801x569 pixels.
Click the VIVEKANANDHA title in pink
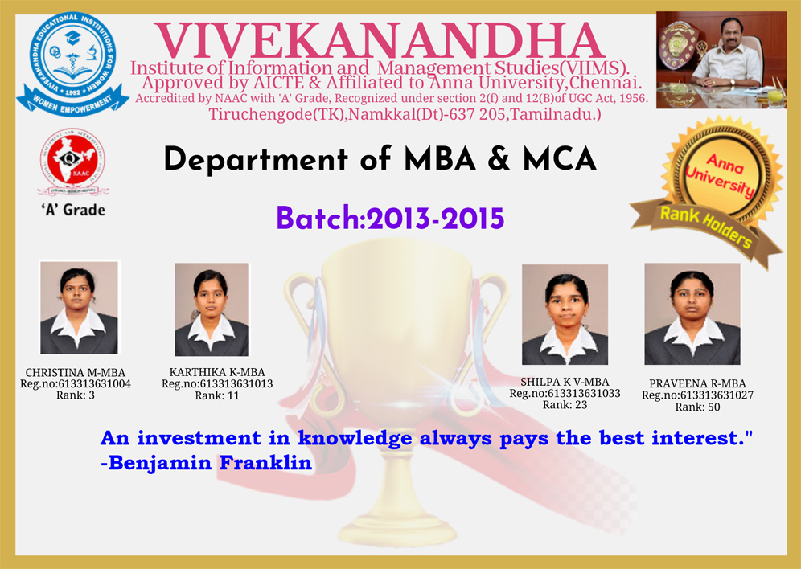tap(380, 41)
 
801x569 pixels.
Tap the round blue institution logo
tap(73, 63)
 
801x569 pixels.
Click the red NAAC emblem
tap(73, 162)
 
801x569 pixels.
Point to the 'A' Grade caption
tap(73, 210)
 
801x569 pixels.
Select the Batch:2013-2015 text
tap(390, 219)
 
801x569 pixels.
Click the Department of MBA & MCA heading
tap(380, 159)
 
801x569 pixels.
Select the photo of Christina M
tap(79, 308)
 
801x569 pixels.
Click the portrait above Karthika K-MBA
tap(212, 309)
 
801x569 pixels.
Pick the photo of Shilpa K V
tap(565, 314)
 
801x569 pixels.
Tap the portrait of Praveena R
tap(692, 314)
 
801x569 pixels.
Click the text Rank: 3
tap(76, 395)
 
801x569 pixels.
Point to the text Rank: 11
tap(217, 396)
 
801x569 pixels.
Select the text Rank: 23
tap(565, 405)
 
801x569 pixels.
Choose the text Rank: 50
tap(698, 407)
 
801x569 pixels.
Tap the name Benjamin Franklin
tap(210, 463)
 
